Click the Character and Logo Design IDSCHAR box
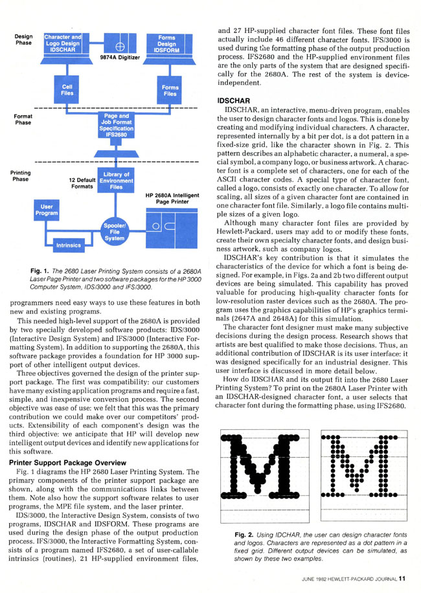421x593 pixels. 63,43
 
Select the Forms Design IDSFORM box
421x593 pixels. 166,43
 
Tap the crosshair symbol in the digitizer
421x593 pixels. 120,47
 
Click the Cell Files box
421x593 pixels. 67,89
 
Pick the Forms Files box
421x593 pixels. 170,90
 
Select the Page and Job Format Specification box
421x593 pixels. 116,125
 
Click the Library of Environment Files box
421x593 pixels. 116,181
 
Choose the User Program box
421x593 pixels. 47,210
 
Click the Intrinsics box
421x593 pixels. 69,245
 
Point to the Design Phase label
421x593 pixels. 23,39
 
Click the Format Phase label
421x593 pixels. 23,120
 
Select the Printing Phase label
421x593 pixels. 21,176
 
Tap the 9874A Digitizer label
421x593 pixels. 120,58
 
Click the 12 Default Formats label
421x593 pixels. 82,183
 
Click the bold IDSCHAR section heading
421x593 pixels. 233,101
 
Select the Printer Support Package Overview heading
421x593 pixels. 68,462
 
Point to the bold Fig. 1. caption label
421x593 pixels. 40,271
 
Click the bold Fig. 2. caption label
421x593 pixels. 244,535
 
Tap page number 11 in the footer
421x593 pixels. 402,579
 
